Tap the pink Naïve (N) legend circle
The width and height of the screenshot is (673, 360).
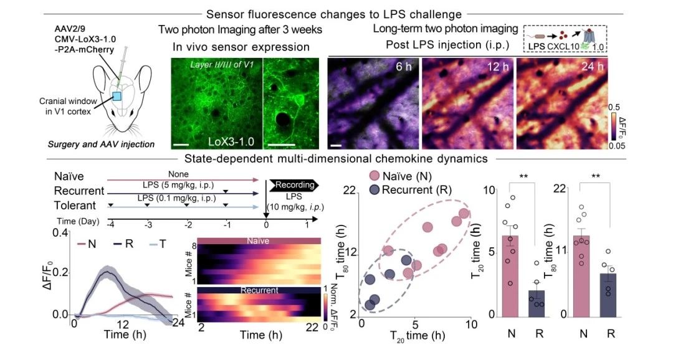coord(375,177)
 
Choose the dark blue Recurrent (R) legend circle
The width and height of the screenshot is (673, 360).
coord(375,189)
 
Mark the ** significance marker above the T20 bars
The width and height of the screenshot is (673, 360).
coord(523,176)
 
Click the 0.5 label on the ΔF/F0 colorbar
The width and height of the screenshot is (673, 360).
coord(614,107)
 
